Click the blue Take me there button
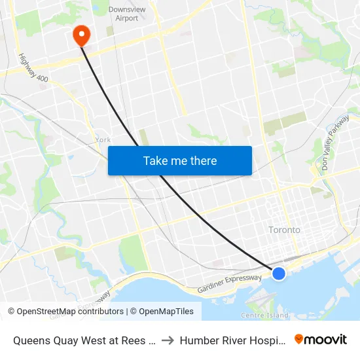point(180,160)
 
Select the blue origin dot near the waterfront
point(279,274)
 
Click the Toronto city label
point(285,230)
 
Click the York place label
point(103,139)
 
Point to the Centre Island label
point(264,315)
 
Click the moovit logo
point(320,339)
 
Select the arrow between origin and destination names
point(167,340)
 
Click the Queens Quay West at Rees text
point(83,340)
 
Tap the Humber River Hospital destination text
point(232,340)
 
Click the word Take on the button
point(156,160)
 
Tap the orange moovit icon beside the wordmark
point(299,339)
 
